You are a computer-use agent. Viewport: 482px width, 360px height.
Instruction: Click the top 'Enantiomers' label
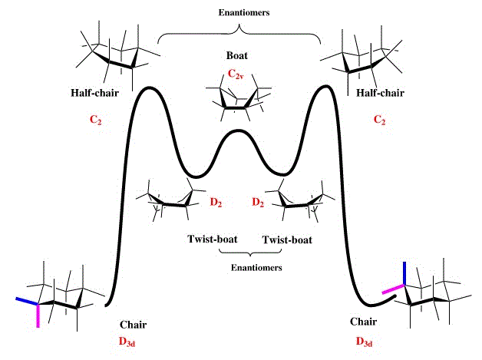pyautogui.click(x=239, y=13)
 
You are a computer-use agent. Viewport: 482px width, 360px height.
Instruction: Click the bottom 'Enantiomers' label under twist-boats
pyautogui.click(x=256, y=268)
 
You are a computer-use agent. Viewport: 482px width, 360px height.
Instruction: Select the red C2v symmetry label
pyautogui.click(x=238, y=74)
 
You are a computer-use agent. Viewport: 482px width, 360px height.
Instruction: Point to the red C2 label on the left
pyautogui.click(x=97, y=121)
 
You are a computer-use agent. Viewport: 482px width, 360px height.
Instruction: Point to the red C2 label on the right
pyautogui.click(x=379, y=121)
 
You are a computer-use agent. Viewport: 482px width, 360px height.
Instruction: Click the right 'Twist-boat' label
pyautogui.click(x=288, y=239)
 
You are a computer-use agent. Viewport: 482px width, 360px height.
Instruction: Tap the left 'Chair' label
pyautogui.click(x=133, y=325)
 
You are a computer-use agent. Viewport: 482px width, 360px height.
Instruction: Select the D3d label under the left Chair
pyautogui.click(x=134, y=340)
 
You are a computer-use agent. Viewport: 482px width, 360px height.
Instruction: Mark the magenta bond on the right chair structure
pyautogui.click(x=394, y=289)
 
